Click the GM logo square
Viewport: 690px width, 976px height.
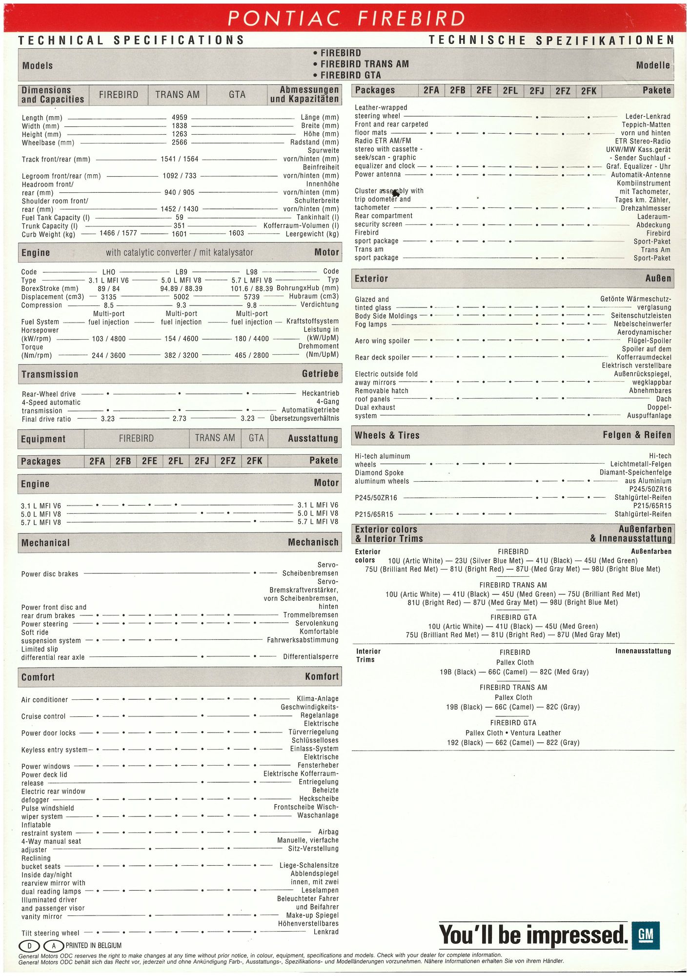645,935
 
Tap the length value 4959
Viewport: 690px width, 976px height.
179,118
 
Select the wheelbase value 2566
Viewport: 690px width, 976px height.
179,142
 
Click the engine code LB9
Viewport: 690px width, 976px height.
181,272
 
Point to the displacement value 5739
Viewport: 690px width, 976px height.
252,297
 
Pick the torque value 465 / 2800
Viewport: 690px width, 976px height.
251,355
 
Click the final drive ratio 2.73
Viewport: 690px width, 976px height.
179,418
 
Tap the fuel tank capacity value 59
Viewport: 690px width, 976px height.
179,218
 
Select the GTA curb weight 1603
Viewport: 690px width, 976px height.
236,233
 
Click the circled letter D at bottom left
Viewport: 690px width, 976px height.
29,946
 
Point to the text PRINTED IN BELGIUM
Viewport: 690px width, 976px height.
94,946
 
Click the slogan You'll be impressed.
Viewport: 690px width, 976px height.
533,935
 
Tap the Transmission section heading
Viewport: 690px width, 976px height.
50,374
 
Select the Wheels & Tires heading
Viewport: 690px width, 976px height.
387,435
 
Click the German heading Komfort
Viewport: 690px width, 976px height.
321,676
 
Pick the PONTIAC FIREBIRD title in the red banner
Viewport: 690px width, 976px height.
346,19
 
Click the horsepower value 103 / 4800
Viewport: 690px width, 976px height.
108,339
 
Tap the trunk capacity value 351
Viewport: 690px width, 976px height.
179,226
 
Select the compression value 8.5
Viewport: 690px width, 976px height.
108,305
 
